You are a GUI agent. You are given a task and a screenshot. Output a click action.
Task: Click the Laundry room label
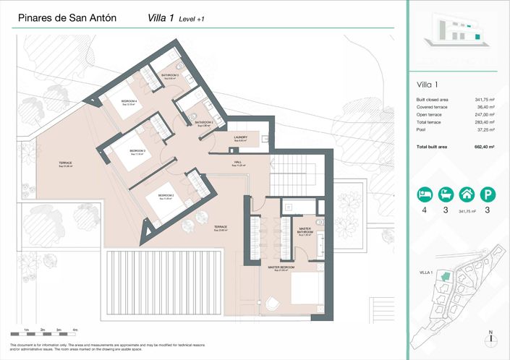coord(241,137)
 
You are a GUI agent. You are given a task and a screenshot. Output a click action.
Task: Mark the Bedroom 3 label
coord(137,151)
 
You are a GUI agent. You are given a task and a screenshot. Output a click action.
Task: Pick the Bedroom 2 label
coord(166,196)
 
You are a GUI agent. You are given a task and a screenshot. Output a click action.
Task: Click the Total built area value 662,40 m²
coord(484,147)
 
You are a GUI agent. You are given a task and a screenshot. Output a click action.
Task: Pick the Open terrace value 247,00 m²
coord(484,114)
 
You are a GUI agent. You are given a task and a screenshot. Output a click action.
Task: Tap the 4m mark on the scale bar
coord(75,330)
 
